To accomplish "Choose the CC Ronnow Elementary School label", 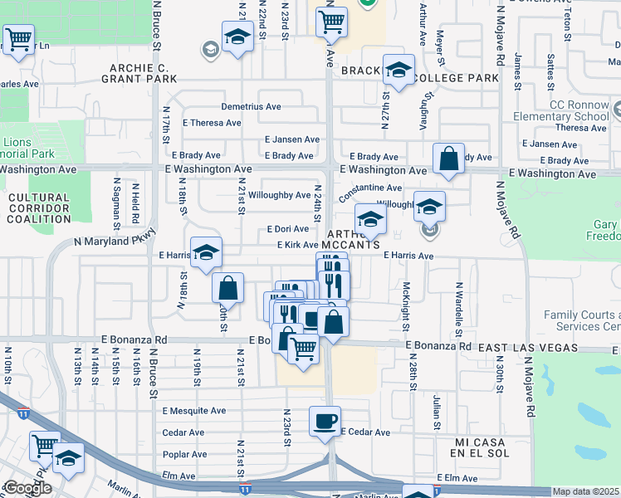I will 578,110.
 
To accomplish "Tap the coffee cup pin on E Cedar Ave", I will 325,420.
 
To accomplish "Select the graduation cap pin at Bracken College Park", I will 399,70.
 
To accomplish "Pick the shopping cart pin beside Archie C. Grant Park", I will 18,38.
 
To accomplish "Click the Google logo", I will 27,488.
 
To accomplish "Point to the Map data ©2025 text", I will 586,491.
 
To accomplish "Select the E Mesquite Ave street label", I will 194,411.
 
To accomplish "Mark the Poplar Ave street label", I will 184,454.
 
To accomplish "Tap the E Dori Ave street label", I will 287,228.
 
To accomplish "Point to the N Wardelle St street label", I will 457,303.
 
